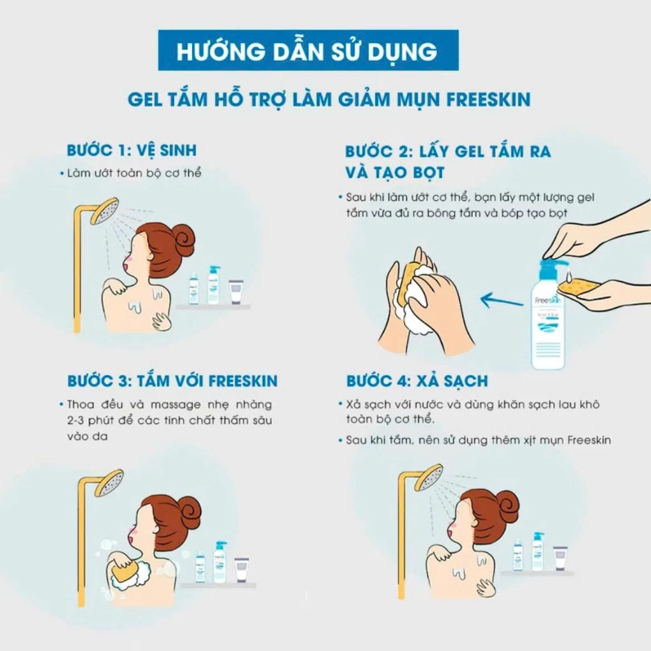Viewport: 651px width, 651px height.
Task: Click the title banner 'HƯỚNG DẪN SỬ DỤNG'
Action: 308,50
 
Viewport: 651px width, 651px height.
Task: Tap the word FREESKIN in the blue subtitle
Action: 488,100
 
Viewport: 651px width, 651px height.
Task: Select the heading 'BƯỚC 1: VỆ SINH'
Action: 132,150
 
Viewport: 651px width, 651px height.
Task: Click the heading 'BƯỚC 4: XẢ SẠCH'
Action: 417,381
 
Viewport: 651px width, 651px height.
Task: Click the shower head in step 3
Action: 109,483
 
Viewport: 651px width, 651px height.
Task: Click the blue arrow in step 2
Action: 502,300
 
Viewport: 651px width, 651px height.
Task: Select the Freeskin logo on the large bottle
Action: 547,300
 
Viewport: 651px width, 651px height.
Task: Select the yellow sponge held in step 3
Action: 123,572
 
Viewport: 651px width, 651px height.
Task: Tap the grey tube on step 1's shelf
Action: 236,291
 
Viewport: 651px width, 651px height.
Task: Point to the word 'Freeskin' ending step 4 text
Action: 589,440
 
